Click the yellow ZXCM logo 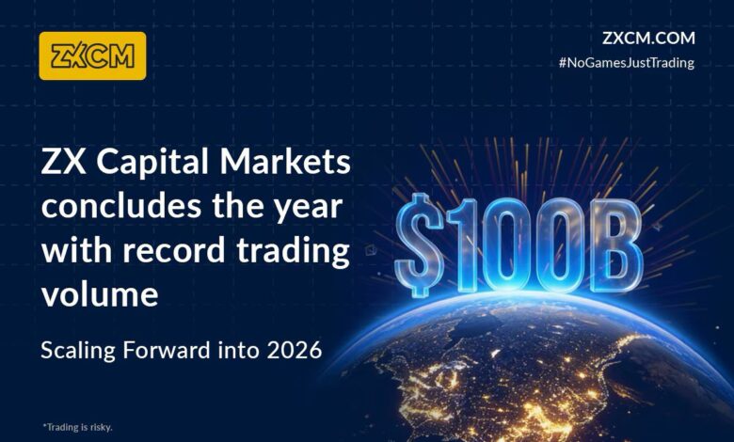92,55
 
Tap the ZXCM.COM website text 647,39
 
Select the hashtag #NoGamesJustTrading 626,63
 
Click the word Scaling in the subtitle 79,351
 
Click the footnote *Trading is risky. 77,427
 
